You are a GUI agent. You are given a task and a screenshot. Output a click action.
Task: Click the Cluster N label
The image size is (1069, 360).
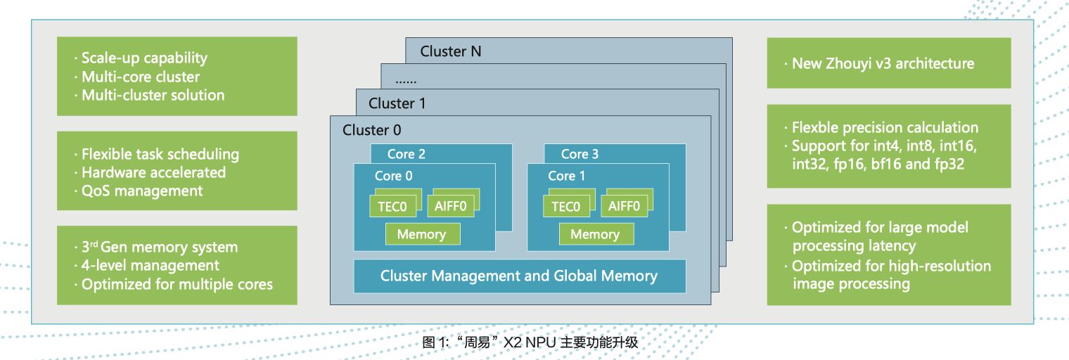(x=451, y=51)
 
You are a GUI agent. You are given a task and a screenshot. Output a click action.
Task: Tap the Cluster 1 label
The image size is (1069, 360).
(x=397, y=103)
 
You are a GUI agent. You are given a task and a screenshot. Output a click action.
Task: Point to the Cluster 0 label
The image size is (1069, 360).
(x=372, y=130)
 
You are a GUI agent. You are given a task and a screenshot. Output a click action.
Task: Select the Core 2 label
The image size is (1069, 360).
(x=407, y=154)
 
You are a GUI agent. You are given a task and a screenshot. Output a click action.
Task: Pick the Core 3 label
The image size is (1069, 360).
(x=580, y=154)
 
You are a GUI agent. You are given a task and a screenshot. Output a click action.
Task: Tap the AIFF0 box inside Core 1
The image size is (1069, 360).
(x=624, y=206)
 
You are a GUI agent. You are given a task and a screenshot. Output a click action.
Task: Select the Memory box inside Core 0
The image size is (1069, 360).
(x=421, y=234)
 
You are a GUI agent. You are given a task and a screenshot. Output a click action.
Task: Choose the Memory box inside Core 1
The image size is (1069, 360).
(x=595, y=234)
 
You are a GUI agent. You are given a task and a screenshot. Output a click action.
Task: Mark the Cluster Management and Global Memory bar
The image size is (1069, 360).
(x=519, y=276)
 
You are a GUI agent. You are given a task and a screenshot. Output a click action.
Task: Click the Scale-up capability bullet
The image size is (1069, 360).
(x=144, y=58)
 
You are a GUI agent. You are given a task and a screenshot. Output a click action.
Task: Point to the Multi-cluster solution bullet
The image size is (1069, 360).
(x=153, y=95)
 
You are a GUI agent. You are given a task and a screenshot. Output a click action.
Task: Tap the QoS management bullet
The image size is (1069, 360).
(x=142, y=191)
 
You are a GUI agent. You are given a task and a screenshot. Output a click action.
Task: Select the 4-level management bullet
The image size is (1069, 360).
(x=151, y=266)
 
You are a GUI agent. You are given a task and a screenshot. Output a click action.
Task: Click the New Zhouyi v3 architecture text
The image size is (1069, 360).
(x=883, y=63)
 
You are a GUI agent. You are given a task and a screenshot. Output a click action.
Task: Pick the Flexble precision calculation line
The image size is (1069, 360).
(x=885, y=128)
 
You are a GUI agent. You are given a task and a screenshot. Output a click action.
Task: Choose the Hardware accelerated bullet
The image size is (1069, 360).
(x=153, y=172)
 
